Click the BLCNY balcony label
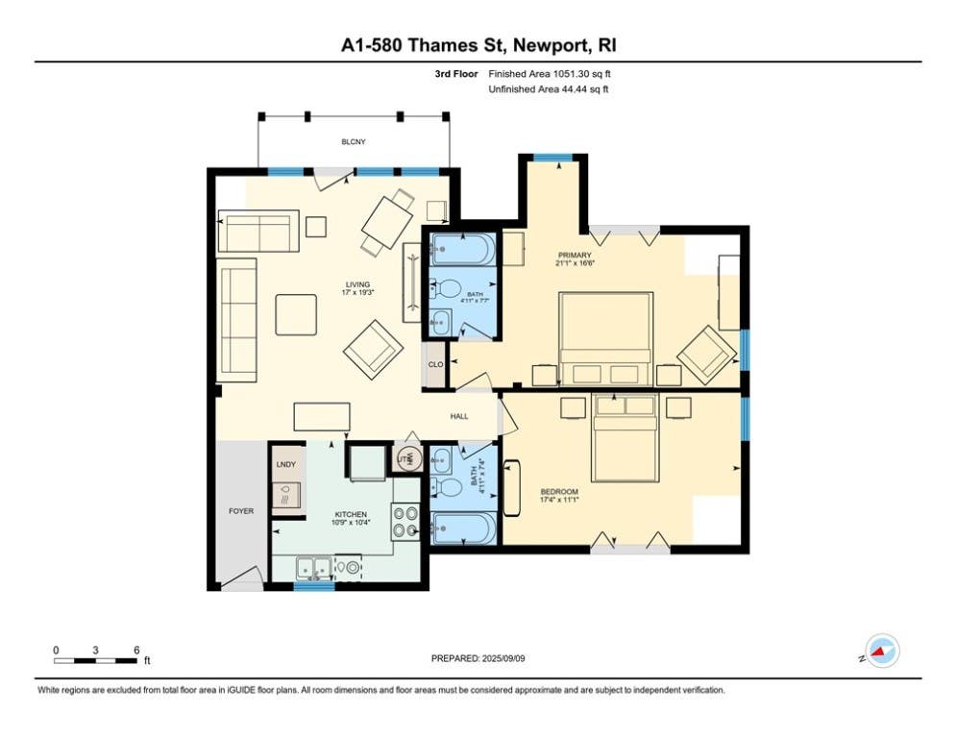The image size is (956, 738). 354,141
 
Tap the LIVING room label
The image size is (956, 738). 357,284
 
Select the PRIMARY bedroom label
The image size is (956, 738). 575,255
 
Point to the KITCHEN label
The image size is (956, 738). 351,514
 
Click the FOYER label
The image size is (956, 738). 241,511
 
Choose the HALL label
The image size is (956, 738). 459,416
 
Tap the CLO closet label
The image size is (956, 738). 435,364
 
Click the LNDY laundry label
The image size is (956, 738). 286,464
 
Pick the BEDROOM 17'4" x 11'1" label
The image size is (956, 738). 559,495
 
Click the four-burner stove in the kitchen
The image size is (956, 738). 405,522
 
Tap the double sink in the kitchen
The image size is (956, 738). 314,568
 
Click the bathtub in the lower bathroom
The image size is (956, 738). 463,528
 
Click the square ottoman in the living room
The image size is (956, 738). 296,315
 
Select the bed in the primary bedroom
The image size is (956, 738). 605,339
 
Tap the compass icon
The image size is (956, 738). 882,652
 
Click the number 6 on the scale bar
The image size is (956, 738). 136,651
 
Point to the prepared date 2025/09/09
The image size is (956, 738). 503,658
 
